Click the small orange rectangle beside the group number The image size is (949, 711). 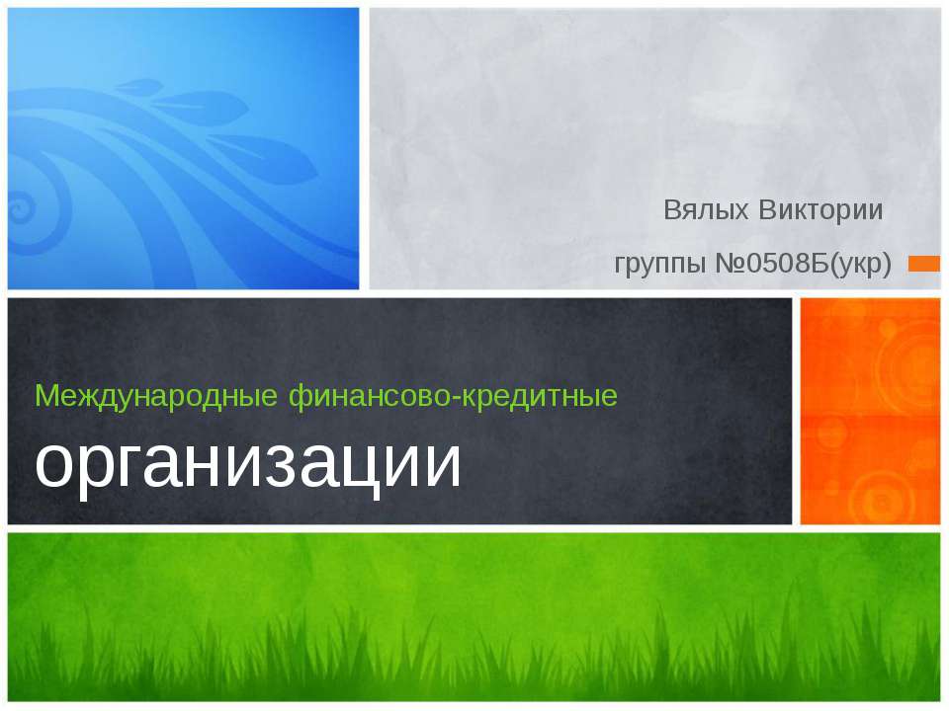[924, 263]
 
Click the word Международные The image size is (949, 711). [158, 396]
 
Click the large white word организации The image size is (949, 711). [248, 461]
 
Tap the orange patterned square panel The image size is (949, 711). [869, 411]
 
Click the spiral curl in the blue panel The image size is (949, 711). [22, 209]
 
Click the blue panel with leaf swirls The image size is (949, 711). [183, 148]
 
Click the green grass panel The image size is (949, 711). [474, 617]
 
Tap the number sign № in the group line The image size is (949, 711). [728, 264]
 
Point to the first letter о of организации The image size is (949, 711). [54, 464]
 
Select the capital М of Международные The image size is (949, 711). [45, 396]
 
